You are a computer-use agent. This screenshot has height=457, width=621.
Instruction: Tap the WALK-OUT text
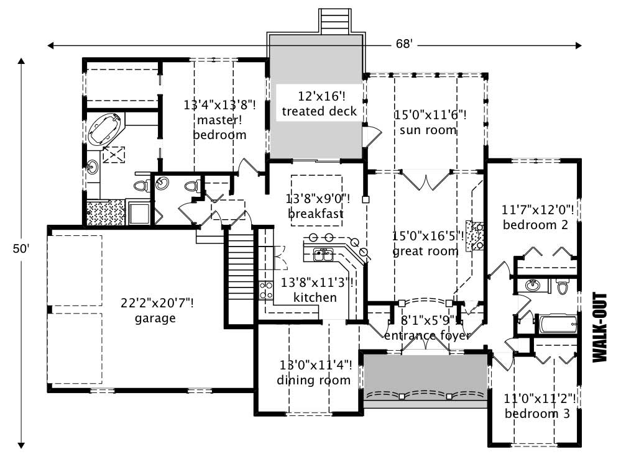[599, 327]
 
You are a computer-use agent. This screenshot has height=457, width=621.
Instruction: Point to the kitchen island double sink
[323, 253]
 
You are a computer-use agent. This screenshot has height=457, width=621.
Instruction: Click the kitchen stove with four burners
[266, 289]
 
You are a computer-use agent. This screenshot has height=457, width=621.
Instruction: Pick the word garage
[155, 319]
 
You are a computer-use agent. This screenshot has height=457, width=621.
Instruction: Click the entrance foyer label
[427, 335]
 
